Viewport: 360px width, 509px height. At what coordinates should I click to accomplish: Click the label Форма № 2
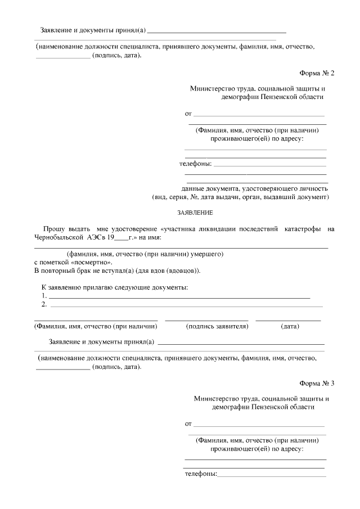317,74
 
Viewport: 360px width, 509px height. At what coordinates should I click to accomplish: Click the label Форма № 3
317,384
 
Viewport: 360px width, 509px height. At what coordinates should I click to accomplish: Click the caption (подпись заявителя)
217,326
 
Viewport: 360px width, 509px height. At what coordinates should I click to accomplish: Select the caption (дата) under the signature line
290,326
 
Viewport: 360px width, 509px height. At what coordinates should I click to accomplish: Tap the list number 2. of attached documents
44,304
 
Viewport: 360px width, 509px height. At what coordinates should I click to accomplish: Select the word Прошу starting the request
53,229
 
